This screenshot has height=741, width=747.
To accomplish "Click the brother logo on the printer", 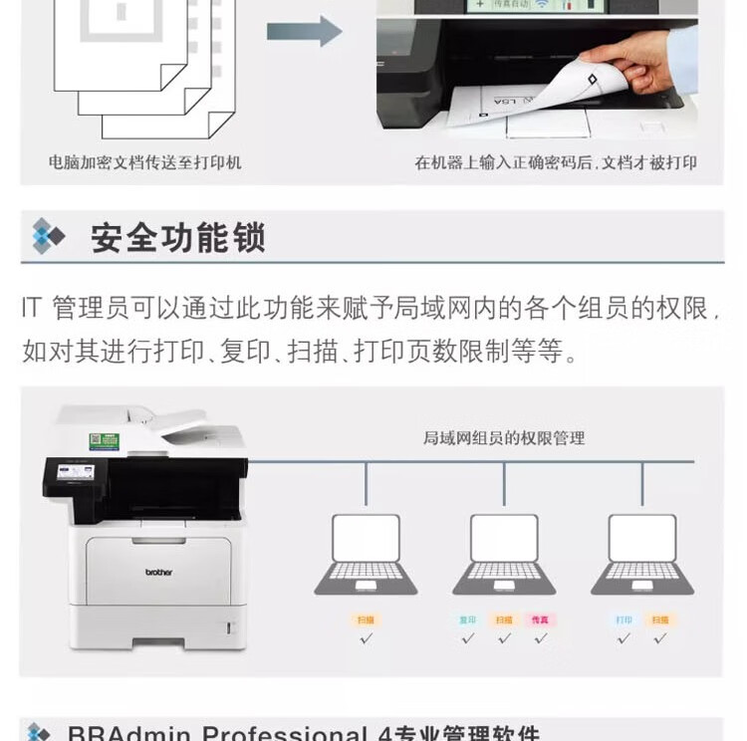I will coord(158,572).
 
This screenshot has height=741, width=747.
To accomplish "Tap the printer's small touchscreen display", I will coord(76,472).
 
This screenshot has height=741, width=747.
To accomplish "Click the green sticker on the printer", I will coord(104,441).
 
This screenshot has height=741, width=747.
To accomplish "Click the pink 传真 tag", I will coord(540,619).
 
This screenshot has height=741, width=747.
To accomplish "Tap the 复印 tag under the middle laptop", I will coord(467,619).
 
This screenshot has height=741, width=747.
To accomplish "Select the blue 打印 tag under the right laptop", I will coord(623,619).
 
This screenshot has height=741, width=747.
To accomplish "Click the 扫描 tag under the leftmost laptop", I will coord(366,619).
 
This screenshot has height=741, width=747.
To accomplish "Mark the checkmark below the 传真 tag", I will coord(540,638).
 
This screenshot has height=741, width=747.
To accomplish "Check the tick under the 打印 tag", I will coord(623,638).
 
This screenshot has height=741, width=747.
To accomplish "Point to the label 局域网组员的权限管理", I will coord(504,438).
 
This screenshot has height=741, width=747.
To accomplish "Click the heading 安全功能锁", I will coord(178,239).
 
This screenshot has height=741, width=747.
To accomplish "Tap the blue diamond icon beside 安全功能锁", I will coord(47,237).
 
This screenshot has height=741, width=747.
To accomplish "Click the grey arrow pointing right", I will coord(304,31).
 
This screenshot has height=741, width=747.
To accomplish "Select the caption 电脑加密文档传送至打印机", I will coord(145,162).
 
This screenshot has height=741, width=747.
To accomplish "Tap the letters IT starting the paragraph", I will coord(32,308).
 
